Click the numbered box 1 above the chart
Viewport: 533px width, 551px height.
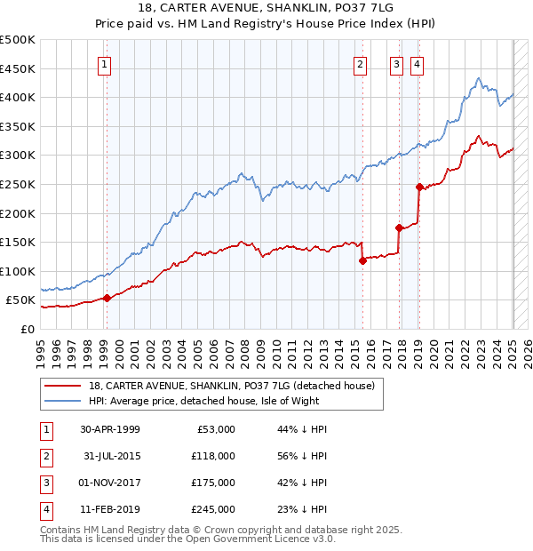105,63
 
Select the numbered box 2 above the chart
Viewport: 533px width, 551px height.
360,63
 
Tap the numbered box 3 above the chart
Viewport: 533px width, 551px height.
396,63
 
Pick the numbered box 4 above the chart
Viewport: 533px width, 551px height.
416,63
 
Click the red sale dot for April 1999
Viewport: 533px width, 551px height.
107,298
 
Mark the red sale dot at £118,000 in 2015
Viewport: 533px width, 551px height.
362,260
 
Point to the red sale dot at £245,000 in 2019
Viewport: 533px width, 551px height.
418,187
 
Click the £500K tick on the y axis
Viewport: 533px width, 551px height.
19,40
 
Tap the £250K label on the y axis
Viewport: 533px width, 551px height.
19,184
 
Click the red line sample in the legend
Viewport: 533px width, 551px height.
61,386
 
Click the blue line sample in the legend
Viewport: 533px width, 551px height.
61,401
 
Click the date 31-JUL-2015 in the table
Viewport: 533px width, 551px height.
110,456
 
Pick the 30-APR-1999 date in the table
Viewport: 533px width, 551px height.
110,429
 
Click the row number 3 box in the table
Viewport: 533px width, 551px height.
44,483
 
